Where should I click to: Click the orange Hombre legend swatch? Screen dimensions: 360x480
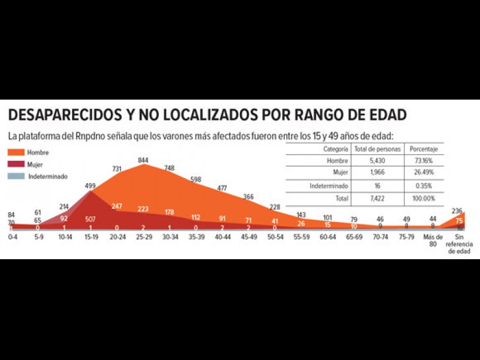click(x=18, y=153)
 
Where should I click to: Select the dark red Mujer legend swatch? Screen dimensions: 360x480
click(x=18, y=164)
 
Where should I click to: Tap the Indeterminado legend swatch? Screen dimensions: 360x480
click(x=18, y=176)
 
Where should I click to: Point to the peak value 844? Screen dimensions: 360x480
click(x=143, y=160)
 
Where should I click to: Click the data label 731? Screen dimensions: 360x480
click(x=117, y=169)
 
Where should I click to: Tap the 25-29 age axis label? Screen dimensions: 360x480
click(x=143, y=238)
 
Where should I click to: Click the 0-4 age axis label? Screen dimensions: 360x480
click(x=12, y=238)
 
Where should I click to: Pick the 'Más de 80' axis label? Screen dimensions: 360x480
click(x=430, y=241)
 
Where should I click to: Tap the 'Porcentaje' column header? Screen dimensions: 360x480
click(x=423, y=148)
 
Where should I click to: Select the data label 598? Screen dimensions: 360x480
click(x=196, y=179)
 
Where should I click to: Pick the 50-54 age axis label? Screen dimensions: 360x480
click(x=275, y=238)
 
